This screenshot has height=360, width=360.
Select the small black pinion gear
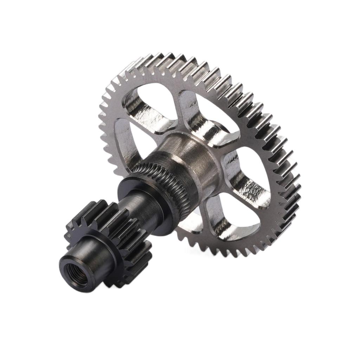click(x=116, y=229)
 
